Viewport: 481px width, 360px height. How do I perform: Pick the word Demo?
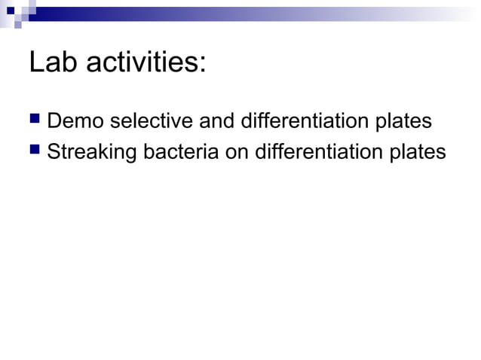[x=76, y=121]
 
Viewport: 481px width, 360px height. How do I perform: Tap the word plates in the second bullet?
[x=419, y=152]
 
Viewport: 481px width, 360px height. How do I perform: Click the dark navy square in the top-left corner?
[x=11, y=11]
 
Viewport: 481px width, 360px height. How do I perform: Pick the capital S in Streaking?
[x=54, y=151]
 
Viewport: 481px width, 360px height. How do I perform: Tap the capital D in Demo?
[x=54, y=121]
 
